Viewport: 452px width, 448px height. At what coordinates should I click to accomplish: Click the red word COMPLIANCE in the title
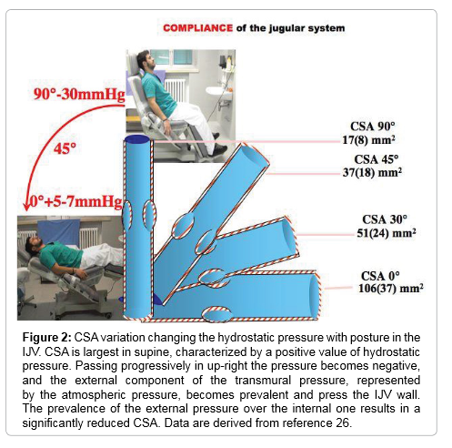pyautogui.click(x=197, y=28)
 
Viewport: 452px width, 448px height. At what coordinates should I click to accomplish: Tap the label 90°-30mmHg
pyautogui.click(x=79, y=94)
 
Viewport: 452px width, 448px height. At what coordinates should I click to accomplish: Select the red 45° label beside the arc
pyautogui.click(x=65, y=148)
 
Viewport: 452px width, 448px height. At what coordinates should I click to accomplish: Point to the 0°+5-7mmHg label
pyautogui.click(x=75, y=201)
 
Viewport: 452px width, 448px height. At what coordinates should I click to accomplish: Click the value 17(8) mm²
pyautogui.click(x=368, y=140)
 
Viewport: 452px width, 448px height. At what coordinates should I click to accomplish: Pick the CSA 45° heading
pyautogui.click(x=377, y=159)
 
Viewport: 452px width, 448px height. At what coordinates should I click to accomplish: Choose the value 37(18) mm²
pyautogui.click(x=372, y=172)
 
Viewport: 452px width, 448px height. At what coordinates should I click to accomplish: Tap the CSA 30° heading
pyautogui.click(x=385, y=219)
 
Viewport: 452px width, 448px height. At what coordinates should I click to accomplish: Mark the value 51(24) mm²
pyautogui.click(x=387, y=233)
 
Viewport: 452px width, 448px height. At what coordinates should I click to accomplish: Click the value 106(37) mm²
pyautogui.click(x=391, y=288)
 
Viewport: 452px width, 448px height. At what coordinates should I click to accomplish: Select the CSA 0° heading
pyautogui.click(x=380, y=276)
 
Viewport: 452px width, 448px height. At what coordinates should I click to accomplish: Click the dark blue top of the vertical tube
pyautogui.click(x=137, y=139)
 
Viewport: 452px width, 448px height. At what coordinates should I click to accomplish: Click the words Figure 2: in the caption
pyautogui.click(x=47, y=338)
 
